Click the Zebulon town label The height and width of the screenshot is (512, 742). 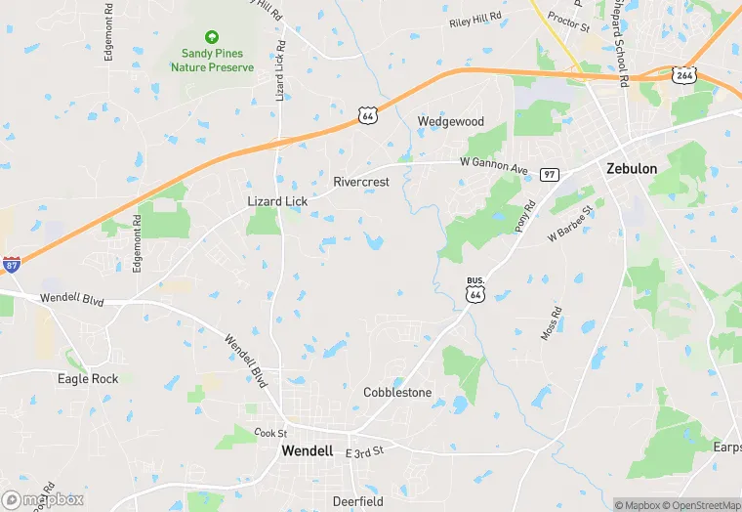632,168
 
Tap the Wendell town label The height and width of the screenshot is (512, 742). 307,450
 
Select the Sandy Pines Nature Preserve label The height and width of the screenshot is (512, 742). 212,61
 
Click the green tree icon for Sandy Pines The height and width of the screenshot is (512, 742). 212,35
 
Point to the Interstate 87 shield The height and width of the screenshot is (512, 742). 12,264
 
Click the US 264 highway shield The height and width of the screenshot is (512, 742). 683,73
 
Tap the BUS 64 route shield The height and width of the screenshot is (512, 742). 475,288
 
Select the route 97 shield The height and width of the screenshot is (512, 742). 550,173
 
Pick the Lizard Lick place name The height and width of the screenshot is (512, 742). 277,201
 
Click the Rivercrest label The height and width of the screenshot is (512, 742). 361,182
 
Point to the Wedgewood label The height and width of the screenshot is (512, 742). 451,121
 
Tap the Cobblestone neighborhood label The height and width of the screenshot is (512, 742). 397,392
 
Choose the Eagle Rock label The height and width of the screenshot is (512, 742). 88,379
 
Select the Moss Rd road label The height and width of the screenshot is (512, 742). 552,324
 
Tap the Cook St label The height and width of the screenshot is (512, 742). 269,433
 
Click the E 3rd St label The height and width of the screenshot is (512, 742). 366,451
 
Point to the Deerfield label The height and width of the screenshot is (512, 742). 358,501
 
